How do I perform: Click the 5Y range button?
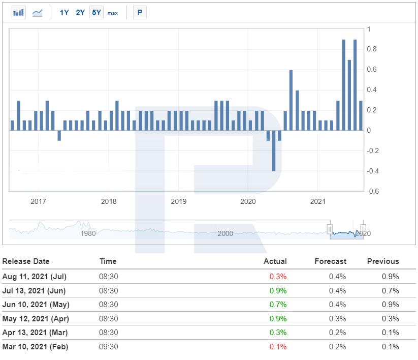point(96,13)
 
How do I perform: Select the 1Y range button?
point(64,13)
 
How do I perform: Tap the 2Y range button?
point(80,13)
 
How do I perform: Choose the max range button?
point(112,13)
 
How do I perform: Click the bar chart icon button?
point(19,13)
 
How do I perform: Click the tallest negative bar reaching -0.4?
point(274,151)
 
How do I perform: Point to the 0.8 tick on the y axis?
point(372,49)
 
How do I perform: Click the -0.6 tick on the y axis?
point(373,191)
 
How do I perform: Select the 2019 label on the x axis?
point(179,201)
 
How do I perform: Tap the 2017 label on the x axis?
point(39,201)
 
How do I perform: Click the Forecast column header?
point(330,261)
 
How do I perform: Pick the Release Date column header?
point(26,261)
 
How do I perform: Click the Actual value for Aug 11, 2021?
point(278,277)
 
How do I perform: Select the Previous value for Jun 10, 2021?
point(390,305)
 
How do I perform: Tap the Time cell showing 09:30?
point(109,347)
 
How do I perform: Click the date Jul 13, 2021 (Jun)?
point(34,291)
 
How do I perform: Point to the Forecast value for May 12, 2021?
point(337,319)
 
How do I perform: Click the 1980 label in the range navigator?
point(88,233)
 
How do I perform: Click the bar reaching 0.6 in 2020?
point(291,100)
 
